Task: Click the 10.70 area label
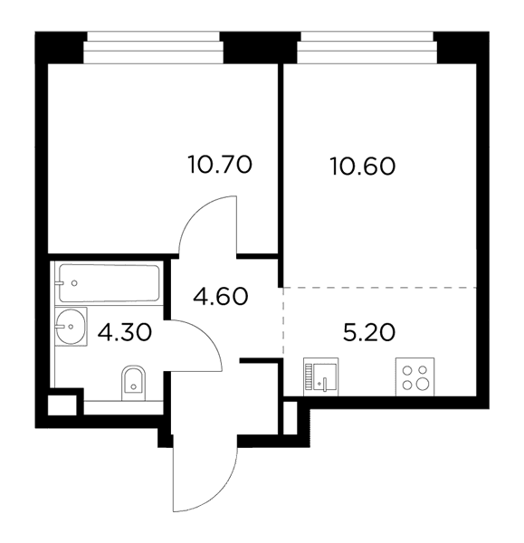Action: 220,165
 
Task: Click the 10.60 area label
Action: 363,167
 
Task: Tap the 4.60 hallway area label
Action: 221,297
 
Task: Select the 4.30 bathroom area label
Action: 125,332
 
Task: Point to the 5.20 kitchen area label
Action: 369,332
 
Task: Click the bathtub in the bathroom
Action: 110,283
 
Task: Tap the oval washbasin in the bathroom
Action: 71,327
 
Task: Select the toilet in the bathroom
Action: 134,383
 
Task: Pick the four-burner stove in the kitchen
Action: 414,376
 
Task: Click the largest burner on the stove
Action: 423,384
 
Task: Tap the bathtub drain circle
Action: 74,283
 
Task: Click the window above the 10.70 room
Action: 153,47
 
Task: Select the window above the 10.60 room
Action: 367,47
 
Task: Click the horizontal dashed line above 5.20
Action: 379,288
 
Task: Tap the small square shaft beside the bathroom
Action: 62,405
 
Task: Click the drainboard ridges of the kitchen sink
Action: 309,377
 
